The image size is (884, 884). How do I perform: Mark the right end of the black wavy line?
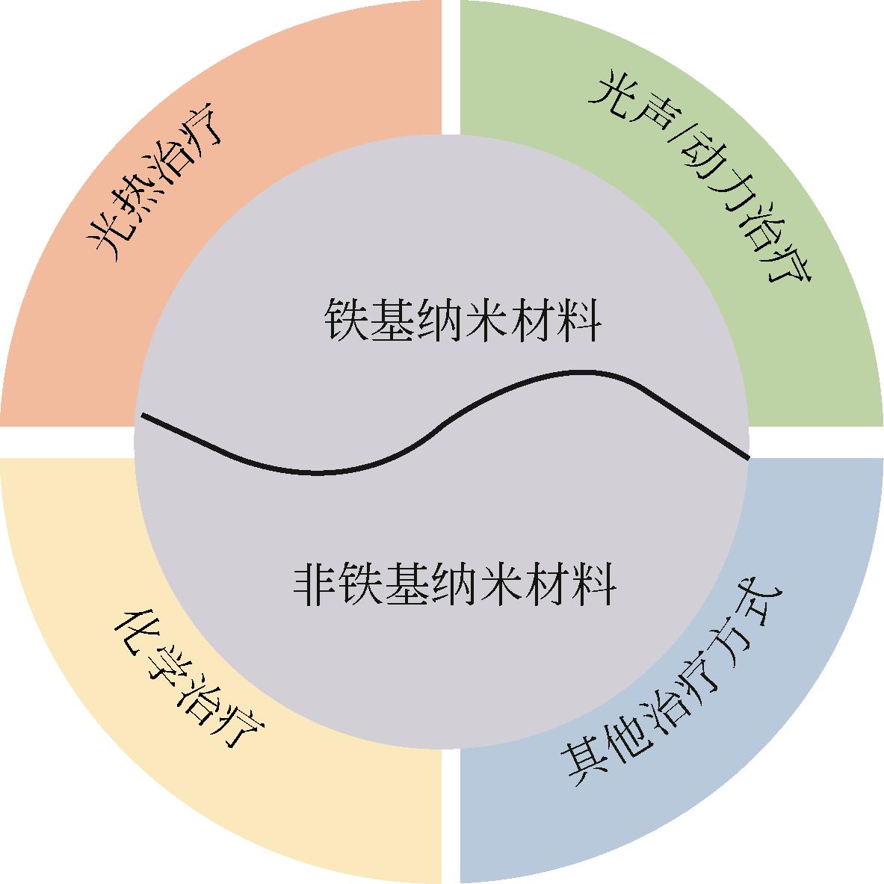(748, 457)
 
